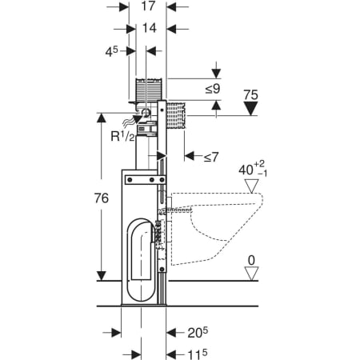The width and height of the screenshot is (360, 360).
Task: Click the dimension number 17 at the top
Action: (148, 6)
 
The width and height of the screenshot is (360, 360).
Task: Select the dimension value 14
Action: (150, 28)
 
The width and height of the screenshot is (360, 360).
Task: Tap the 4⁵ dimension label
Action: (111, 51)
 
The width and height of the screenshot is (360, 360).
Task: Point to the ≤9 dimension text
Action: (213, 89)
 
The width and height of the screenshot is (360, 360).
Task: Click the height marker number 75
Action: (250, 95)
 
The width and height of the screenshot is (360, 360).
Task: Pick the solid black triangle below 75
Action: (250, 109)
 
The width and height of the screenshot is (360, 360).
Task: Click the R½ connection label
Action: (123, 136)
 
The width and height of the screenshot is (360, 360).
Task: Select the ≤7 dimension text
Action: (211, 157)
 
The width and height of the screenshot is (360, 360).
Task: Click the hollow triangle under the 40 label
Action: (252, 186)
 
